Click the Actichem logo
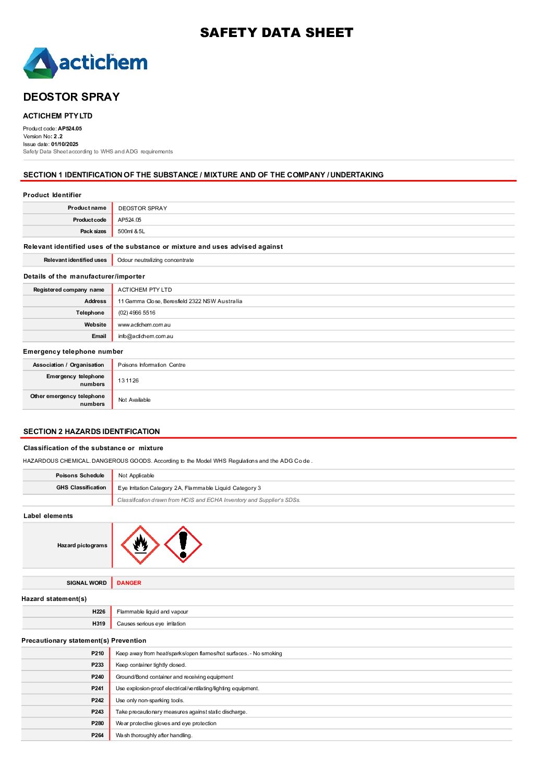click(x=86, y=63)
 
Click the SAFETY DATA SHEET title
click(x=277, y=33)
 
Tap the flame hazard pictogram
click(x=140, y=545)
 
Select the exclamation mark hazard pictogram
click(x=183, y=544)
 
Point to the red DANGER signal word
click(x=129, y=583)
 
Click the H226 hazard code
click(x=99, y=611)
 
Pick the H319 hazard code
click(x=99, y=623)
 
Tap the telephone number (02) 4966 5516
click(x=137, y=313)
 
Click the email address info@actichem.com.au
click(x=146, y=337)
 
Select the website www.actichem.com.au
click(x=144, y=325)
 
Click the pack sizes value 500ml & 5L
click(x=131, y=231)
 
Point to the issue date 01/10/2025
click(x=65, y=144)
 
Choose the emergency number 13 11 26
click(x=128, y=380)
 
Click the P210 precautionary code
click(x=98, y=653)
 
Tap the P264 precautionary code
click(x=98, y=735)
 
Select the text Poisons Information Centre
click(x=151, y=365)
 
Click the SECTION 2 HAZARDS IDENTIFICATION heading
click(x=92, y=431)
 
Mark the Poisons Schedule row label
click(x=80, y=475)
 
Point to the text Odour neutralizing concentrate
click(x=155, y=260)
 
